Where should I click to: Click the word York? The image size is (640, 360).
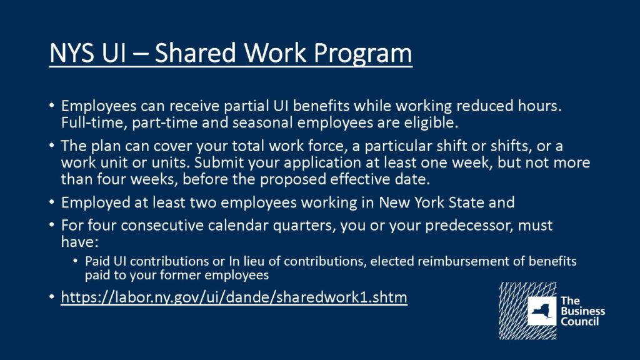point(430,202)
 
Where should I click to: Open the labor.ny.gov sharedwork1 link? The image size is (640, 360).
point(234,297)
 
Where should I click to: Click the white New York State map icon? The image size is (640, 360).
point(542,311)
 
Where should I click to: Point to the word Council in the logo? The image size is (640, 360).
point(579,322)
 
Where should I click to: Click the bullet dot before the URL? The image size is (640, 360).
point(51,296)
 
